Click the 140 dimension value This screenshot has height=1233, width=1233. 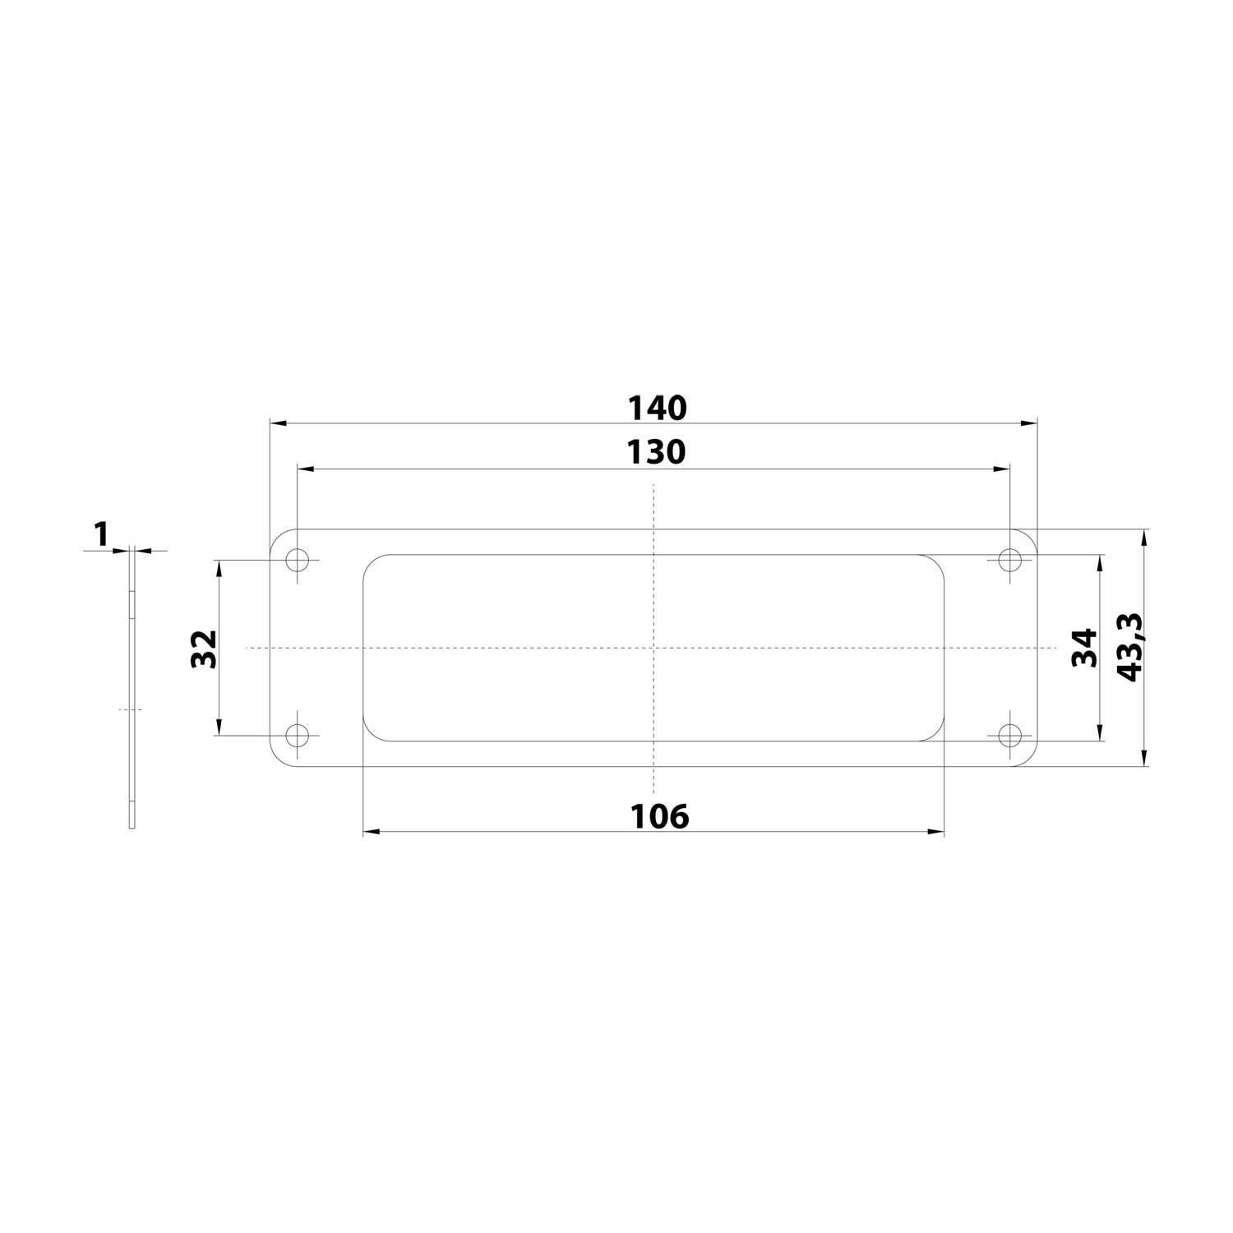click(x=656, y=408)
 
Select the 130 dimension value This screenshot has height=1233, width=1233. click(x=656, y=452)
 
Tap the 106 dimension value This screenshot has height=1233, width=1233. click(x=659, y=816)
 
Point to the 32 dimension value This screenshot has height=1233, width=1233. click(x=204, y=649)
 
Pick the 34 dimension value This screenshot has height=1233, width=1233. click(x=1086, y=648)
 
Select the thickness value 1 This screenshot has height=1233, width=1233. click(x=102, y=535)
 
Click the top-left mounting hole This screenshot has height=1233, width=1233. click(x=298, y=561)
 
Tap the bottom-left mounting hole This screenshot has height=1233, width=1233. click(x=298, y=735)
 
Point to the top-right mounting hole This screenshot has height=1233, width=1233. click(x=1009, y=561)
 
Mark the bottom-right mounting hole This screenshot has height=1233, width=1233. click(x=1009, y=735)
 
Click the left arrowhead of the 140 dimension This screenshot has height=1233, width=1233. click(x=278, y=423)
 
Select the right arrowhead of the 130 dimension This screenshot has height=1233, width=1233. click(x=1002, y=469)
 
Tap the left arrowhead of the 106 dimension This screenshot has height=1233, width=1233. click(x=371, y=832)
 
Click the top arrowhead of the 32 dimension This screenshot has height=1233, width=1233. click(x=219, y=568)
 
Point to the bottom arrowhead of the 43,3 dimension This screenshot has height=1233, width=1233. click(x=1143, y=759)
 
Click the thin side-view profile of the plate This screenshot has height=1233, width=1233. click(x=132, y=690)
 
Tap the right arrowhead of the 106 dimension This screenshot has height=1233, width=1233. click(x=936, y=832)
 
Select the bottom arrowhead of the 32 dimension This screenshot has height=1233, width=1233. click(x=219, y=727)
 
